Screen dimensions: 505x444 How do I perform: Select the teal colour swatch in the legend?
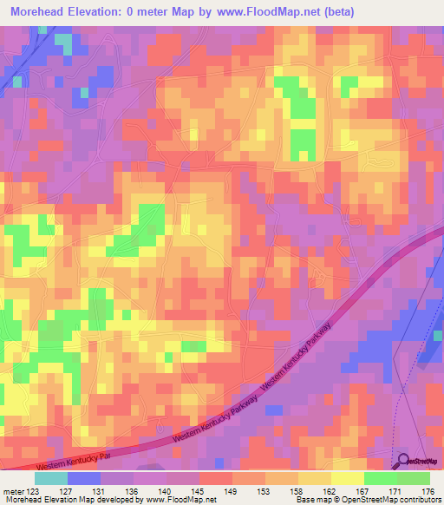coord(51,478)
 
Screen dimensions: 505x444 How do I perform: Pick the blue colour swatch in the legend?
coord(84,478)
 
